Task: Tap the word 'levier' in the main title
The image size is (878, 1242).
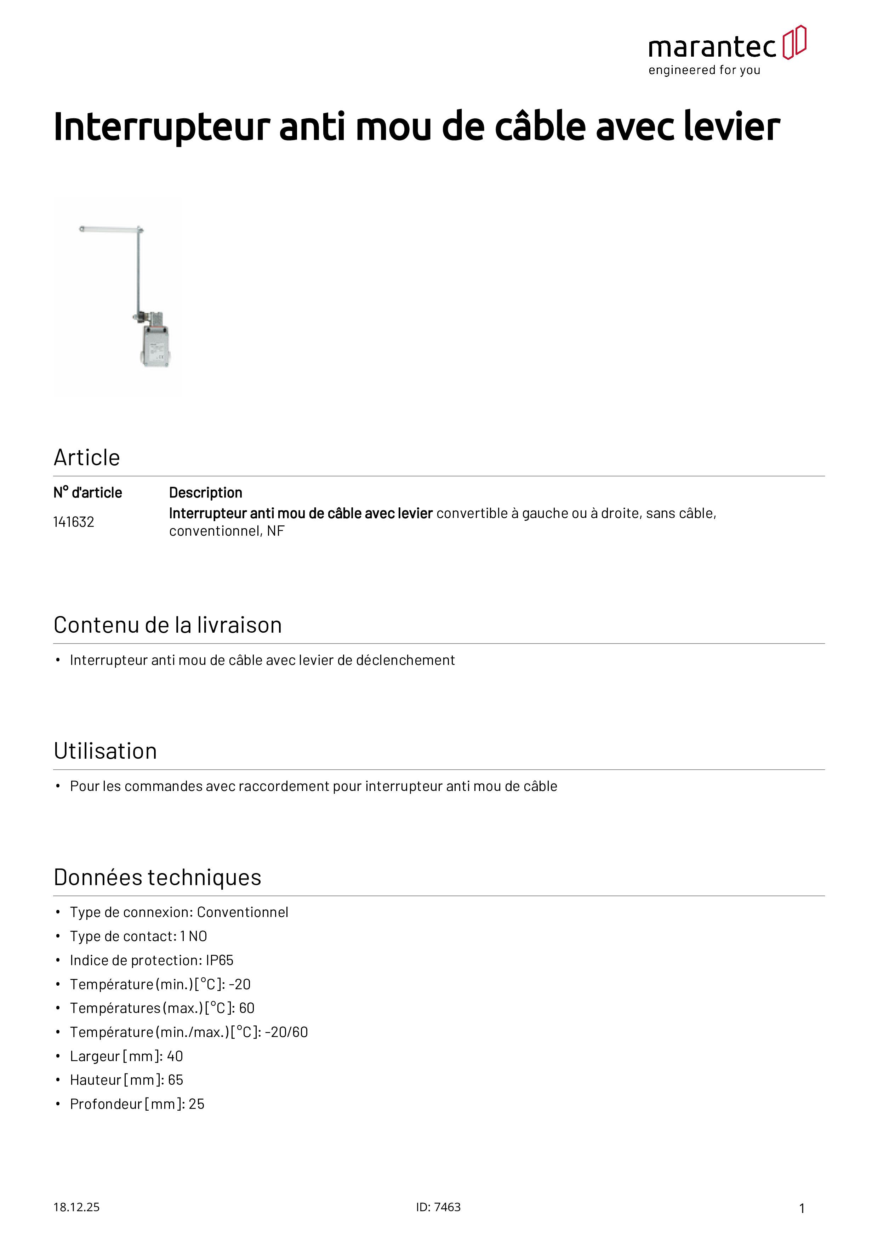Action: (731, 127)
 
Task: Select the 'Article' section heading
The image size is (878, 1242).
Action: (86, 458)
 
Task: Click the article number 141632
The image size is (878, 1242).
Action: (74, 522)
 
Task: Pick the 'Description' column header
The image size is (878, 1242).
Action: (206, 493)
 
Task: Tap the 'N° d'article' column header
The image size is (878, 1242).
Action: (88, 493)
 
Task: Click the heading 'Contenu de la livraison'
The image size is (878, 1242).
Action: (168, 625)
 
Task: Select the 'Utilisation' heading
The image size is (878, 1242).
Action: (106, 751)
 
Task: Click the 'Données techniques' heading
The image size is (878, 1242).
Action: (158, 877)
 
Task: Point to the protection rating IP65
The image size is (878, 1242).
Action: (219, 960)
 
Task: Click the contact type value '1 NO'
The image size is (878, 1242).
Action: (194, 936)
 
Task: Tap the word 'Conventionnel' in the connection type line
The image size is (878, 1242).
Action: (243, 913)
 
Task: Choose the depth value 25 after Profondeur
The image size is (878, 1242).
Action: (196, 1104)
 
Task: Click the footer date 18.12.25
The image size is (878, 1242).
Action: (76, 1207)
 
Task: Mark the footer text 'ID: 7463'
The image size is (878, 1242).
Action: (438, 1207)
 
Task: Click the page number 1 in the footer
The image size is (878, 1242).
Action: (802, 1208)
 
